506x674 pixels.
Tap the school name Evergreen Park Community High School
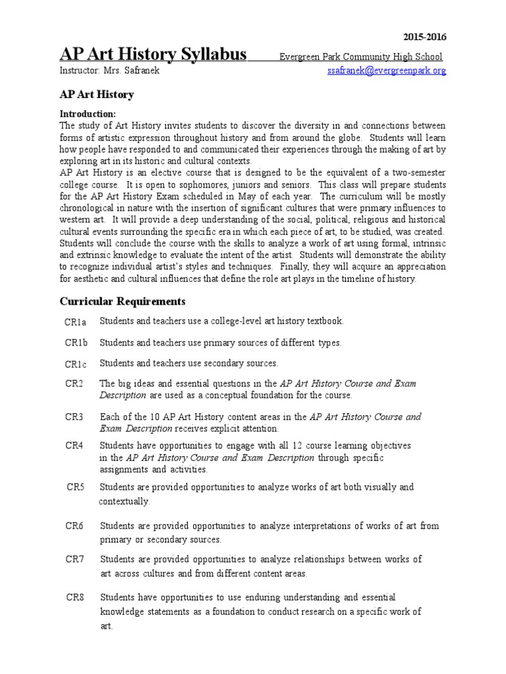tap(360, 57)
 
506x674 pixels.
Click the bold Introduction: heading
tap(88, 114)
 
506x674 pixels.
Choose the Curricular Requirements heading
tap(123, 301)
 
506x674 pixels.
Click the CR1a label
tap(76, 322)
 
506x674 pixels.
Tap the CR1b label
tap(76, 343)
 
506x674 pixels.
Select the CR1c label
tap(76, 364)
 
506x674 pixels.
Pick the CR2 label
tap(74, 383)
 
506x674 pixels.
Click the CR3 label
tap(74, 417)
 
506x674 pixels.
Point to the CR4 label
tap(74, 446)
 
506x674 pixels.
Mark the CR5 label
tap(75, 488)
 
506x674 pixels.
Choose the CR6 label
tap(75, 526)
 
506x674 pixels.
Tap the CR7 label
tap(75, 559)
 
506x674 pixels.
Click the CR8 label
tap(75, 598)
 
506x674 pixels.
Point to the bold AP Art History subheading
tap(97, 95)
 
